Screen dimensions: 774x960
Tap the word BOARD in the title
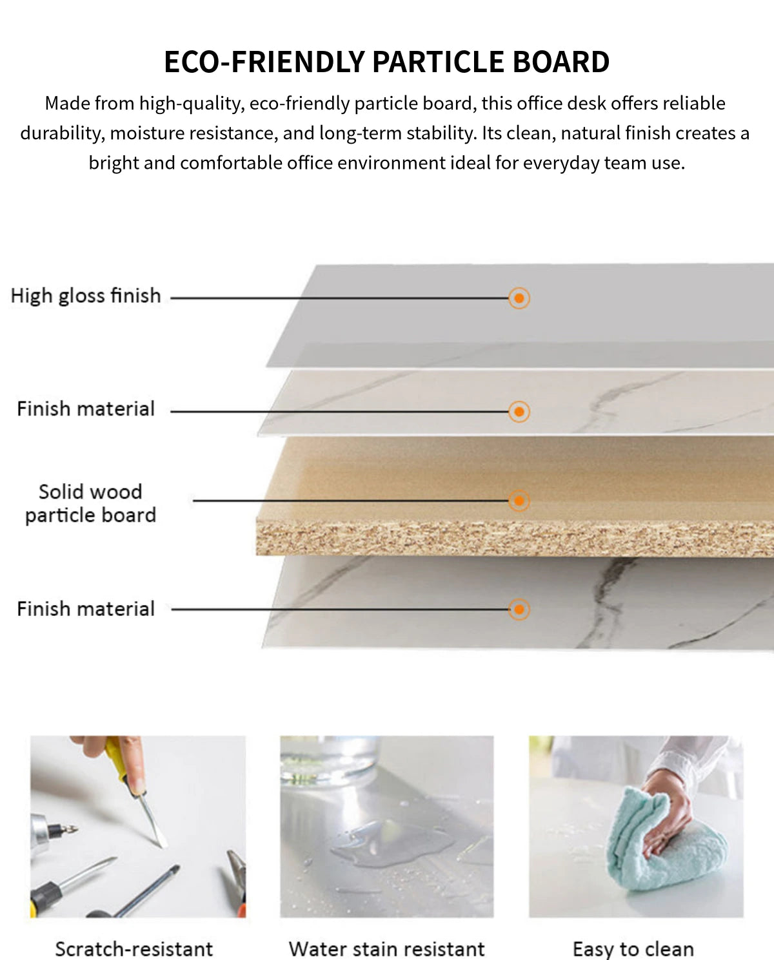point(561,62)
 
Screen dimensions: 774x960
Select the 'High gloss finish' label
point(86,296)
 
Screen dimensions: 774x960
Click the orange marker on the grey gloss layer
point(519,298)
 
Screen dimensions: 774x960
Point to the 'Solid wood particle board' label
point(91,503)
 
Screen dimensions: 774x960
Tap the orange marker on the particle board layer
point(519,501)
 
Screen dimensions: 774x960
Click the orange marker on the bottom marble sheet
point(519,609)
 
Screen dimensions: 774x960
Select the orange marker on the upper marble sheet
point(519,411)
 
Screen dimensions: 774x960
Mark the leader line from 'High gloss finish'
point(339,298)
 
